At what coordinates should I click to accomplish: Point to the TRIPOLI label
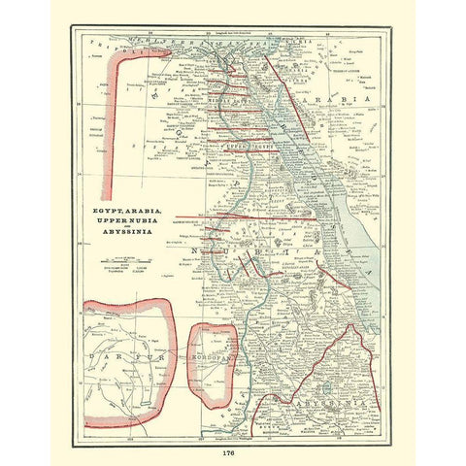coord(98,44)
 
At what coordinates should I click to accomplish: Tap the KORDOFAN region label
coord(216,358)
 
